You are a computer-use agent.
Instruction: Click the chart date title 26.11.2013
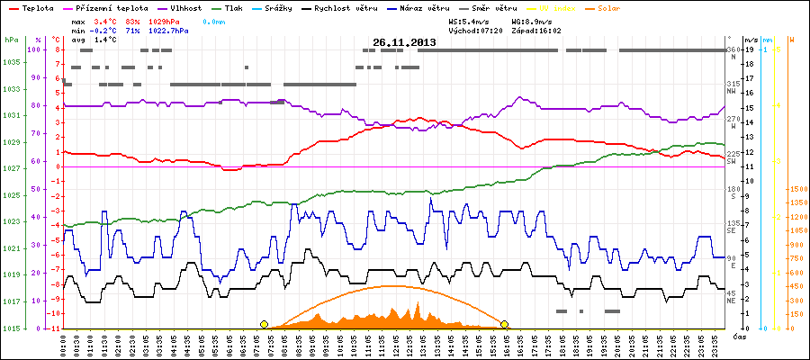click(x=404, y=42)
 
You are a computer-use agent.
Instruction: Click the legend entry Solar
click(x=609, y=8)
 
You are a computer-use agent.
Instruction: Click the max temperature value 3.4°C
click(x=106, y=21)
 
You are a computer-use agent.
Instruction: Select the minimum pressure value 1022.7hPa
click(x=168, y=31)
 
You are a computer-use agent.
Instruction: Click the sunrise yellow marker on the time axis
click(x=264, y=324)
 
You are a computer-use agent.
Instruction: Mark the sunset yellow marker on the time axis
click(x=505, y=324)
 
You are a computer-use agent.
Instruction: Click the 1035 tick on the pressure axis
click(x=11, y=63)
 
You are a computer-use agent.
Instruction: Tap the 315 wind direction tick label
click(x=733, y=84)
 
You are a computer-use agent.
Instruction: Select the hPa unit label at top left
click(x=11, y=40)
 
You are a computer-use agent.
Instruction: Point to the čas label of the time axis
click(x=738, y=336)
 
